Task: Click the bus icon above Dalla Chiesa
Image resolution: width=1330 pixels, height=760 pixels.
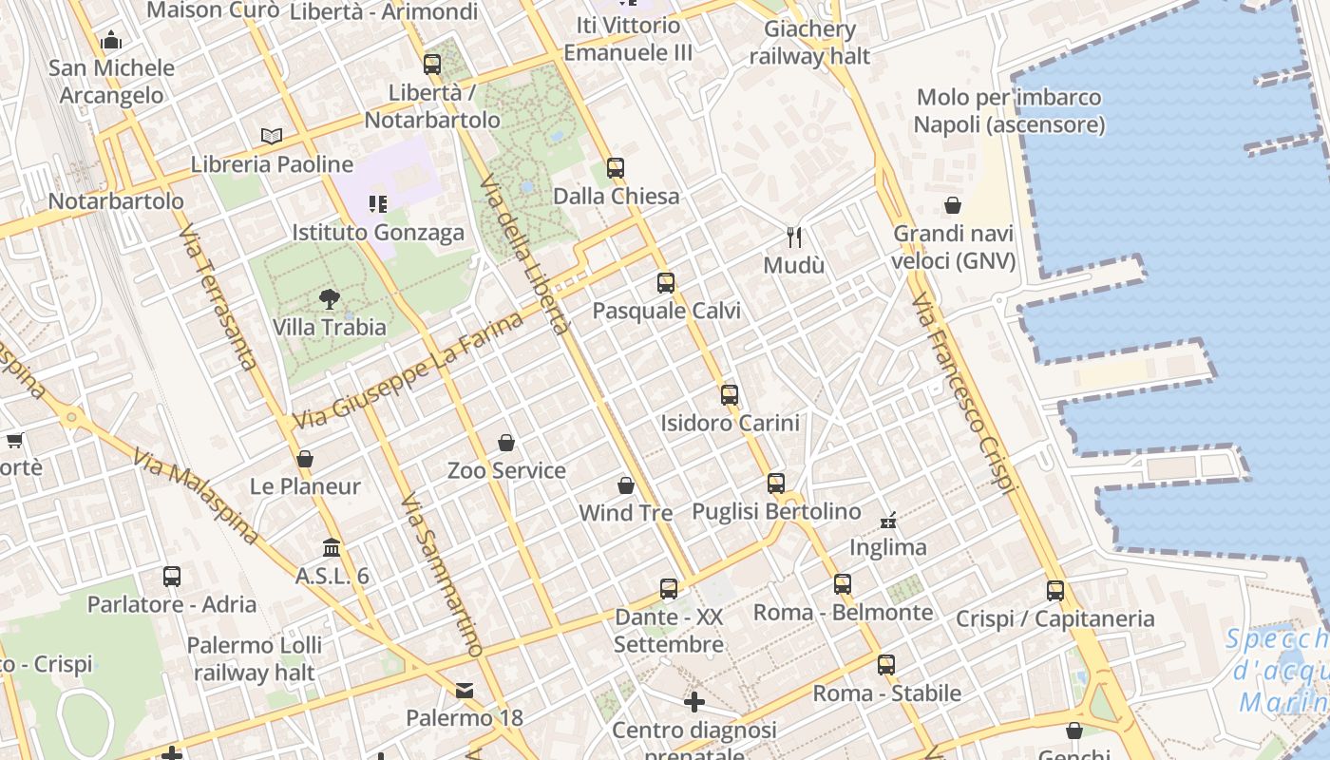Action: pyautogui.click(x=616, y=168)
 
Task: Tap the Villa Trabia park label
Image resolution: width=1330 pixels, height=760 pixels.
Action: pyautogui.click(x=330, y=328)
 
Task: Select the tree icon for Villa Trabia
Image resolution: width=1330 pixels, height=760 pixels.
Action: pyautogui.click(x=330, y=299)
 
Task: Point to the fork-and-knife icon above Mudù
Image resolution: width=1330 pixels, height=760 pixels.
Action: pyautogui.click(x=794, y=237)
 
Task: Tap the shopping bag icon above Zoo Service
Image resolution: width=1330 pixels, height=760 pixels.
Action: pyautogui.click(x=506, y=443)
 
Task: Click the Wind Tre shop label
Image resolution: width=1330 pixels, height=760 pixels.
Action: pyautogui.click(x=626, y=513)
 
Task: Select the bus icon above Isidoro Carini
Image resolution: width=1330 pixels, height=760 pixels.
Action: pyautogui.click(x=730, y=395)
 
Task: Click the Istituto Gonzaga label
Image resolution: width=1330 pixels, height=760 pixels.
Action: pyautogui.click(x=378, y=233)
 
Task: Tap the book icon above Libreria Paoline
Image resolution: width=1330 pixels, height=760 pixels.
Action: pyautogui.click(x=272, y=136)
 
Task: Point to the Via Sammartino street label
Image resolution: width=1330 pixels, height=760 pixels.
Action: pyautogui.click(x=442, y=575)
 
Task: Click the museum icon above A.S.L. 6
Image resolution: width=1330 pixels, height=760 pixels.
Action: pyautogui.click(x=332, y=548)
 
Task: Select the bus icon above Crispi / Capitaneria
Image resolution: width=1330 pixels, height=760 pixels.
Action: pyautogui.click(x=1055, y=591)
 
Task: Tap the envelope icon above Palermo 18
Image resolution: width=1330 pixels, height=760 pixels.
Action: pyautogui.click(x=465, y=690)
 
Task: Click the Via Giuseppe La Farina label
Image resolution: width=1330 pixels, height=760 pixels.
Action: pyautogui.click(x=408, y=370)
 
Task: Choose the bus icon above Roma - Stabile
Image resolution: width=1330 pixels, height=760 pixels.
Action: pyautogui.click(x=886, y=665)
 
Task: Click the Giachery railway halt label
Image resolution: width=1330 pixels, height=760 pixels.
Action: pyautogui.click(x=809, y=43)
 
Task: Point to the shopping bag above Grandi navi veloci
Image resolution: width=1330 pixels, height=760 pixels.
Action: pyautogui.click(x=953, y=205)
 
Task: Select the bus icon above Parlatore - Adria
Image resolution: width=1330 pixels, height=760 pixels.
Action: pyautogui.click(x=172, y=577)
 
